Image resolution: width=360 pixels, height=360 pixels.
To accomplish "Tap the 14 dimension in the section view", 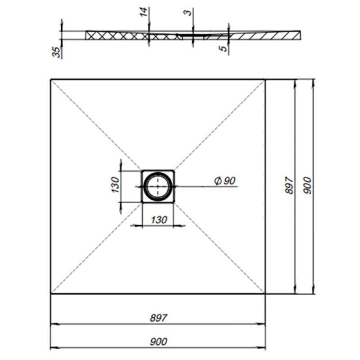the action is (143, 12).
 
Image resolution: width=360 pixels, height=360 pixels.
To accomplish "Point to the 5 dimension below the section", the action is (223, 49).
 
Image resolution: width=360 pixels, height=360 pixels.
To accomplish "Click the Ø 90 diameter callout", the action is (225, 181).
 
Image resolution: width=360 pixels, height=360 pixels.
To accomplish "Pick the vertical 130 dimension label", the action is (115, 185).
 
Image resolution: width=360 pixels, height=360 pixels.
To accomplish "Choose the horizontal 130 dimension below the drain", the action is (159, 220).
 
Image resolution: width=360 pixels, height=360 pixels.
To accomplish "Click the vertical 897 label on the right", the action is (289, 185).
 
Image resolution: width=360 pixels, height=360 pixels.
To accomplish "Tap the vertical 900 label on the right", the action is (307, 185).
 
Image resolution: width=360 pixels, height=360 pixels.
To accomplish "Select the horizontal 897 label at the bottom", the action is (159, 318).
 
